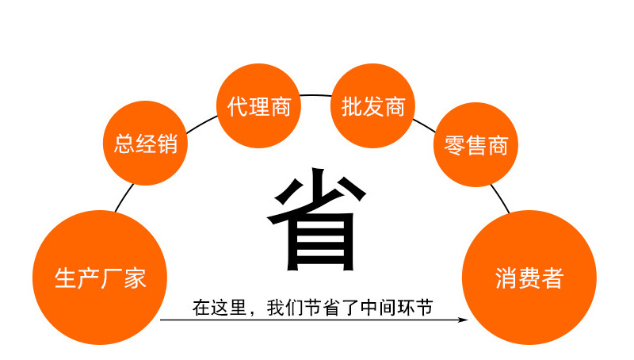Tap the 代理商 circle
pos(258,106)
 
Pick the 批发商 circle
pos(372,106)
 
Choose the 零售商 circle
pos(475,146)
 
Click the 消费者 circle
pos(529,278)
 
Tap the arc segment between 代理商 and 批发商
pos(315,96)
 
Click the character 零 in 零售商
pos(454,146)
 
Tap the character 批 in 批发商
pos(351,106)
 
